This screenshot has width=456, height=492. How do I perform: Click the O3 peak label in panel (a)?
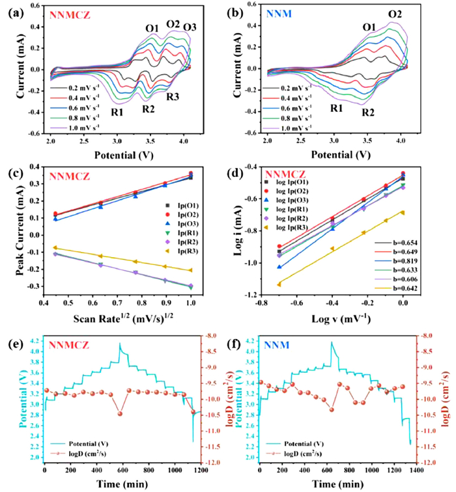pos(189,27)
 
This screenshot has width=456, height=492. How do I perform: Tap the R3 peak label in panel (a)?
pos(173,97)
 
